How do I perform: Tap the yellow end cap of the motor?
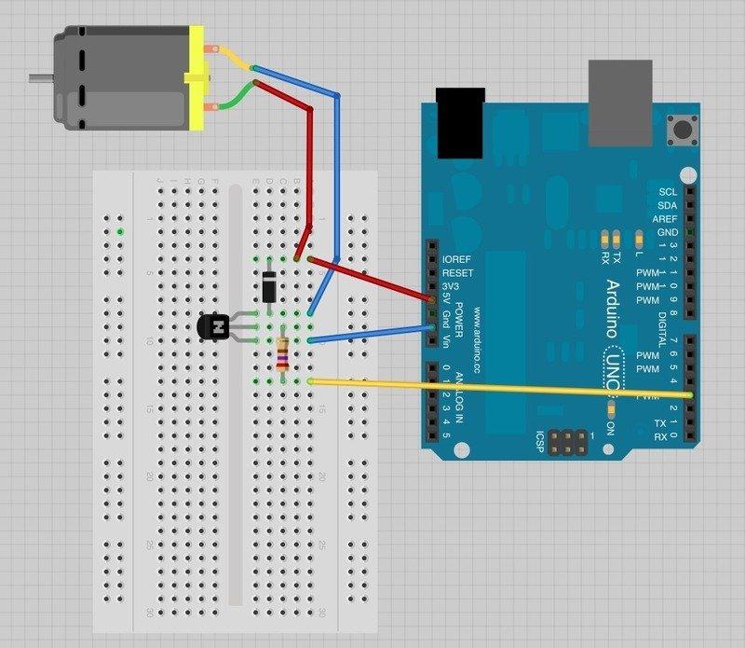click(196, 78)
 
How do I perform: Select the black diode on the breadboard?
click(268, 285)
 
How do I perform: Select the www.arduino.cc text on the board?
click(476, 341)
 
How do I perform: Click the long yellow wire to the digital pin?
click(503, 389)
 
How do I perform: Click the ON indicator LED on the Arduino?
click(611, 410)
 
